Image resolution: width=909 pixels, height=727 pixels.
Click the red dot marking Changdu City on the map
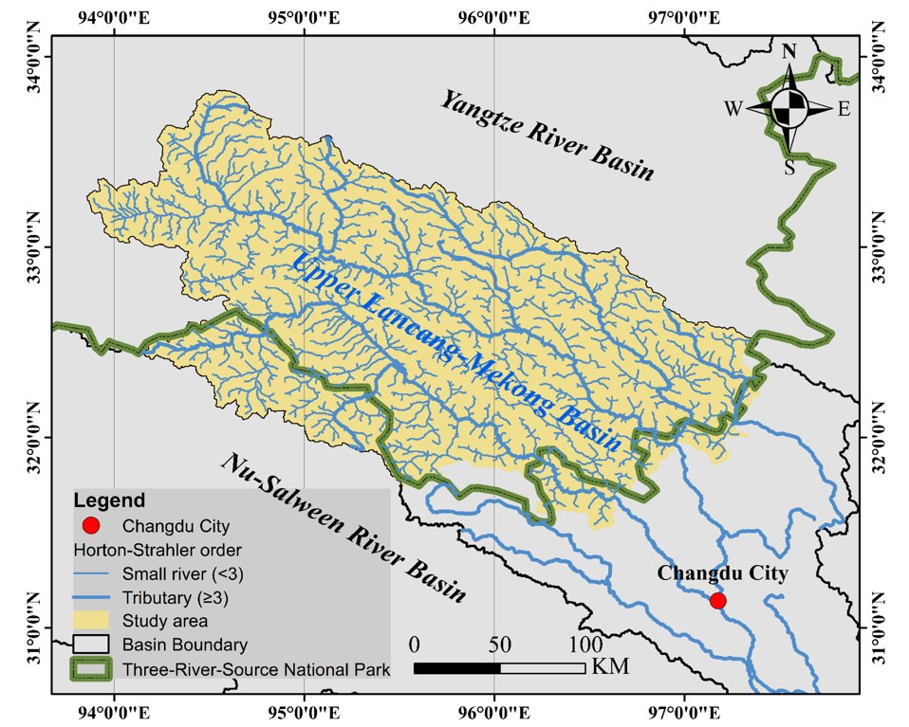[x=717, y=600]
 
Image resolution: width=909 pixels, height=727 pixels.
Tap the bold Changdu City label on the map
[x=723, y=573]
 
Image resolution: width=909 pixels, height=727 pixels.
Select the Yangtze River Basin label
[x=546, y=136]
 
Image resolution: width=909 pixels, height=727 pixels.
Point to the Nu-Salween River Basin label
[x=345, y=527]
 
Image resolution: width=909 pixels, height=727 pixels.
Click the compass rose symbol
[x=788, y=108]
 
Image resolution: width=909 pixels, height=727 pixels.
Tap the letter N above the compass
[x=788, y=52]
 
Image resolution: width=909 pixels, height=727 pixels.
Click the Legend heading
[x=110, y=500]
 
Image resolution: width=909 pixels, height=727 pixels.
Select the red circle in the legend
[x=91, y=525]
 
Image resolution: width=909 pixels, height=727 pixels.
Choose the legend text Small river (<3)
[x=176, y=573]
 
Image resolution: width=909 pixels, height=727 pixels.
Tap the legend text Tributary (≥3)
[x=176, y=598]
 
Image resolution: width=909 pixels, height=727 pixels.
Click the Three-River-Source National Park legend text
[x=256, y=670]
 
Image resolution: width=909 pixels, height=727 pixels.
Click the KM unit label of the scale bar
[x=610, y=667]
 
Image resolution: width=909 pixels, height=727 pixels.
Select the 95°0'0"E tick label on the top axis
[x=304, y=16]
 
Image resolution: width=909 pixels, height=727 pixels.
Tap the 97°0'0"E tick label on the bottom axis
[x=684, y=708]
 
